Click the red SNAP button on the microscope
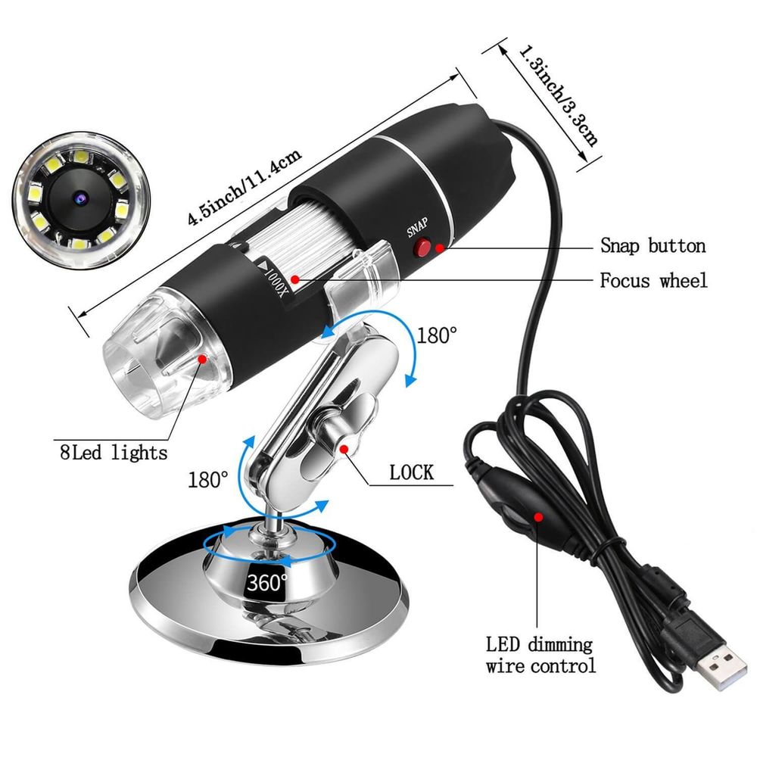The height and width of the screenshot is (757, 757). click(x=423, y=248)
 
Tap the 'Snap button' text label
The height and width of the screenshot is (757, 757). click(x=653, y=246)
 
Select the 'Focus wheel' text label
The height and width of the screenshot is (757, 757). click(x=653, y=281)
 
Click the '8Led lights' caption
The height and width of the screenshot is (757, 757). click(x=114, y=453)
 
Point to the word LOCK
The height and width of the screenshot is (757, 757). click(x=411, y=472)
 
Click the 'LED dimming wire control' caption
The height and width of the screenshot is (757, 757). click(x=540, y=655)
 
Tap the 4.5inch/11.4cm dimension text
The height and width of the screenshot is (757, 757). click(x=245, y=187)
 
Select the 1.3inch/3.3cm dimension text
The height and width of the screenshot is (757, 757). click(x=559, y=95)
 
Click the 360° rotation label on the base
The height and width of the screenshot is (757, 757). click(x=267, y=583)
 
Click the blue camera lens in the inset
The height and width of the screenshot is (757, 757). click(x=79, y=197)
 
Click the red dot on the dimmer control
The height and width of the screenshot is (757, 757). click(x=538, y=517)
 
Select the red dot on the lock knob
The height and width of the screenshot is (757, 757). click(x=344, y=450)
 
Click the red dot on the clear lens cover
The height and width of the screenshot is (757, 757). click(x=202, y=359)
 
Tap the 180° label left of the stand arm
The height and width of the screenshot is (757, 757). click(x=207, y=480)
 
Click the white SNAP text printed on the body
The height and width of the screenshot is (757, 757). click(x=417, y=228)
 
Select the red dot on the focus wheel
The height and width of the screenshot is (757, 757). click(x=295, y=279)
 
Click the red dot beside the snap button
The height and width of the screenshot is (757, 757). click(x=439, y=248)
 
